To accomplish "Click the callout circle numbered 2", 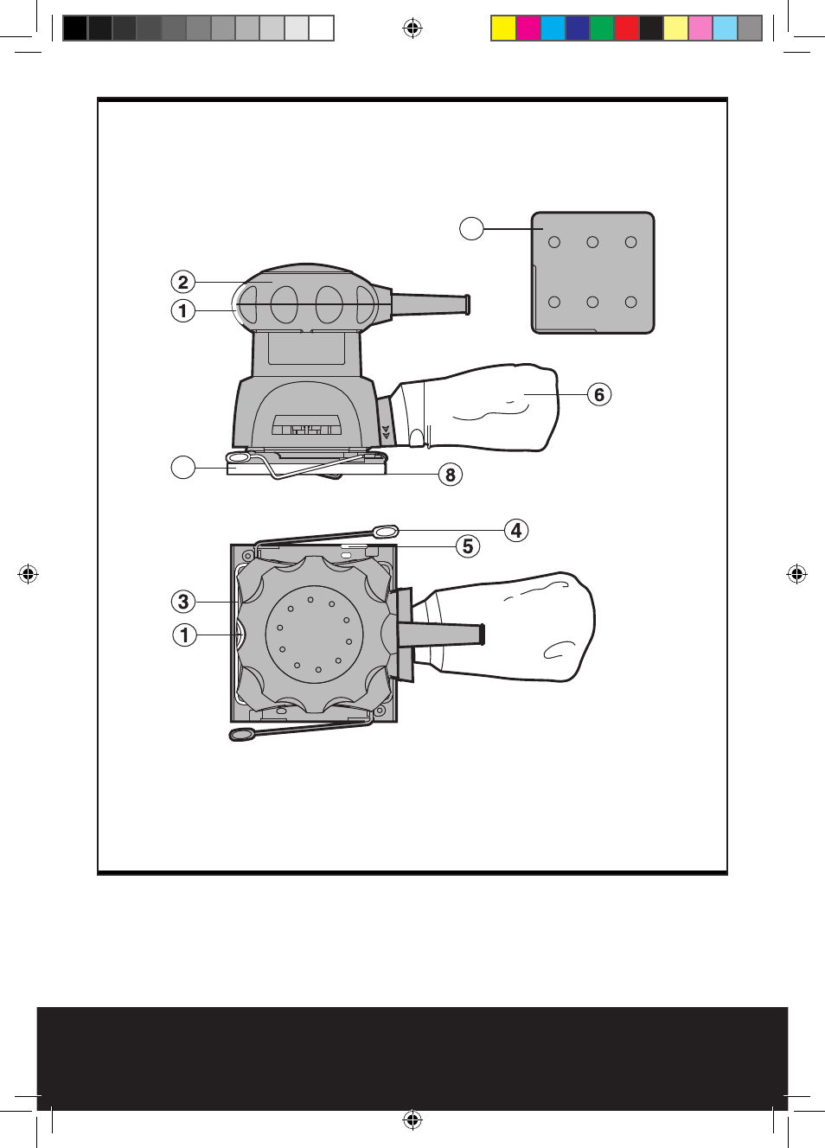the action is click(x=182, y=283).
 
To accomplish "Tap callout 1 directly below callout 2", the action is click(x=182, y=310).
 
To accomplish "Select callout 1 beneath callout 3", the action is click(x=184, y=635).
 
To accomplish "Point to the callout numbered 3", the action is click(x=183, y=602).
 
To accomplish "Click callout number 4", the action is click(x=516, y=531).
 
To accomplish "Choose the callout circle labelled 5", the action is click(x=468, y=546).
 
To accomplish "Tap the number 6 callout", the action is click(x=599, y=394).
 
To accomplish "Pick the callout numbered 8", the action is click(x=451, y=475).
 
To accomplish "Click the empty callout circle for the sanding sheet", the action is click(x=471, y=228).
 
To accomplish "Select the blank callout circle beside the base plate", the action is click(x=183, y=468).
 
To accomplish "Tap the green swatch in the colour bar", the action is click(x=602, y=29).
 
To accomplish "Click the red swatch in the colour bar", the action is click(x=627, y=29).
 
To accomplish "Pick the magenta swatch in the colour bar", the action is click(x=528, y=29).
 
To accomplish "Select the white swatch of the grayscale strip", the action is click(x=322, y=29).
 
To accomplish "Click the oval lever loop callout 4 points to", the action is click(x=385, y=532).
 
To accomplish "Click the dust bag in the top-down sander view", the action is click(x=508, y=628).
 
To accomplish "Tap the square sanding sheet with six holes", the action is click(x=592, y=272).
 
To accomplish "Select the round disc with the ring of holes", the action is click(x=314, y=635).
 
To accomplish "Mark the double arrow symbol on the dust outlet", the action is click(x=386, y=432).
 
